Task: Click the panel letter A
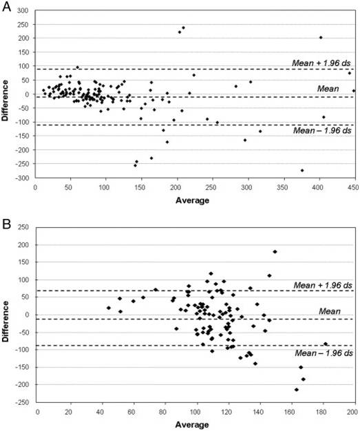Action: tap(6, 7)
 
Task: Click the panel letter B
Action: tap(6, 224)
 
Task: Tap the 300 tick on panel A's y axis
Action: tap(23, 11)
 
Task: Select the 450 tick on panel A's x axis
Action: tap(353, 187)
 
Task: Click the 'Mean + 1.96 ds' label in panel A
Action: tap(321, 63)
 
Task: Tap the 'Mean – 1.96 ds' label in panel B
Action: tap(324, 353)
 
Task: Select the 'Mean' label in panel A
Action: tap(328, 89)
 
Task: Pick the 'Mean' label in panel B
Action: tap(330, 311)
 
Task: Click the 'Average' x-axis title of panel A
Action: tap(192, 200)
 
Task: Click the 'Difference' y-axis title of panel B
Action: tap(5, 322)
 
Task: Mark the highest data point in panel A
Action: tap(183, 28)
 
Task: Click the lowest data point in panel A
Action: tap(302, 171)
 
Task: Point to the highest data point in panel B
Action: tap(275, 252)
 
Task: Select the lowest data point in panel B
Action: tap(297, 390)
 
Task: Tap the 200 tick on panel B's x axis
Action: tap(352, 412)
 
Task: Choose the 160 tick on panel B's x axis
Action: tap(289, 412)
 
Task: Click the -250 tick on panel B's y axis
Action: tap(22, 402)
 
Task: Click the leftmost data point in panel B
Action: tap(109, 308)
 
